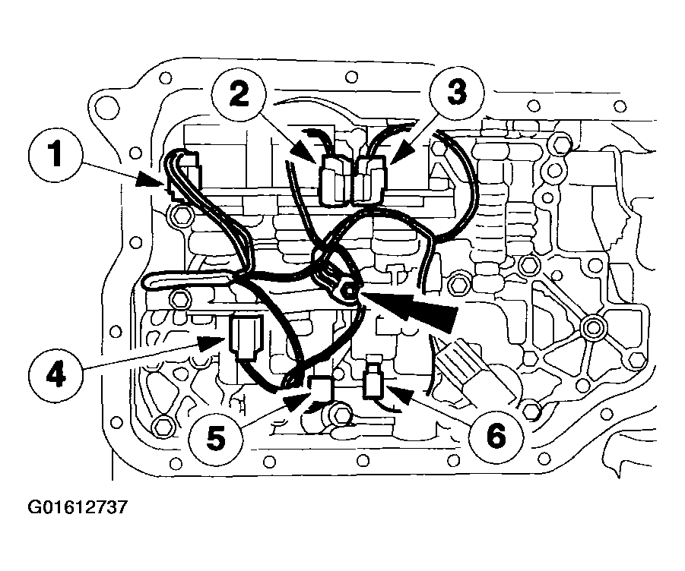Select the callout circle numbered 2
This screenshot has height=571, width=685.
(x=238, y=95)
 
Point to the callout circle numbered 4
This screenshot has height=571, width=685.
(x=55, y=376)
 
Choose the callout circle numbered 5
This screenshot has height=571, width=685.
(x=216, y=437)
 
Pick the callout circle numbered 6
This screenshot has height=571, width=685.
(x=496, y=437)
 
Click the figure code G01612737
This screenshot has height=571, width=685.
(x=78, y=507)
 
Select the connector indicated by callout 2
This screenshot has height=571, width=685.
(x=335, y=180)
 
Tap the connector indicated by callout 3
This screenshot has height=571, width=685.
(x=371, y=180)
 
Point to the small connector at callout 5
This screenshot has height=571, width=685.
(x=321, y=389)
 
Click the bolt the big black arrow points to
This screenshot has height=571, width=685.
(x=350, y=290)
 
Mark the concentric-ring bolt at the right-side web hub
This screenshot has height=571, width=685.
(x=594, y=327)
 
